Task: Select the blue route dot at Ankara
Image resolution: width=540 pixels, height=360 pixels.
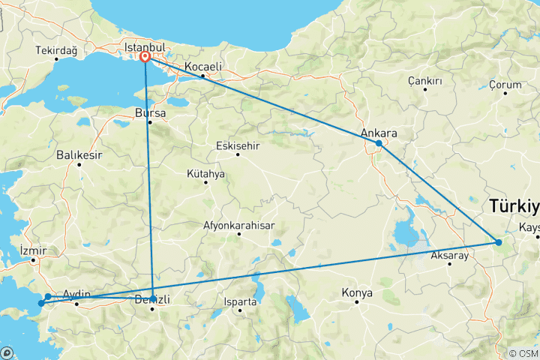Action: pos(379,142)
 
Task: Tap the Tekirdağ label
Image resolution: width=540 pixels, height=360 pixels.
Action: pos(56,51)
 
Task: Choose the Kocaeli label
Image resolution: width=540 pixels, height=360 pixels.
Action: pos(202,67)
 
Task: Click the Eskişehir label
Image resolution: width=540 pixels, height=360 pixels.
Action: pos(237,145)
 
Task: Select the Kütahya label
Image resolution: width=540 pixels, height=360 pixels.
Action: pos(205,173)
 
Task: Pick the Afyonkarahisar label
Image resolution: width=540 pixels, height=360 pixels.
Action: pos(238,225)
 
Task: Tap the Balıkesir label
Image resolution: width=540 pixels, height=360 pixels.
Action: pos(78,156)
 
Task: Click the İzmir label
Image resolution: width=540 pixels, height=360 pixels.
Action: pos(33,250)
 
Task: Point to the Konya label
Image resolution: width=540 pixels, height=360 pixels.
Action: pos(356,292)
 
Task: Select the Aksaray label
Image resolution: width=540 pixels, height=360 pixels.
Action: pos(449,256)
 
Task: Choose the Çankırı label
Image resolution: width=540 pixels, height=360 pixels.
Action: pos(424,80)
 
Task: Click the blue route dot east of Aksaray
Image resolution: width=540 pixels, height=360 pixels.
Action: pos(498,241)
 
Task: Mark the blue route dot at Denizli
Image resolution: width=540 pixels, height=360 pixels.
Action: pos(153,298)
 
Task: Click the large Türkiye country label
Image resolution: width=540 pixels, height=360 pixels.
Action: pos(514,206)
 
